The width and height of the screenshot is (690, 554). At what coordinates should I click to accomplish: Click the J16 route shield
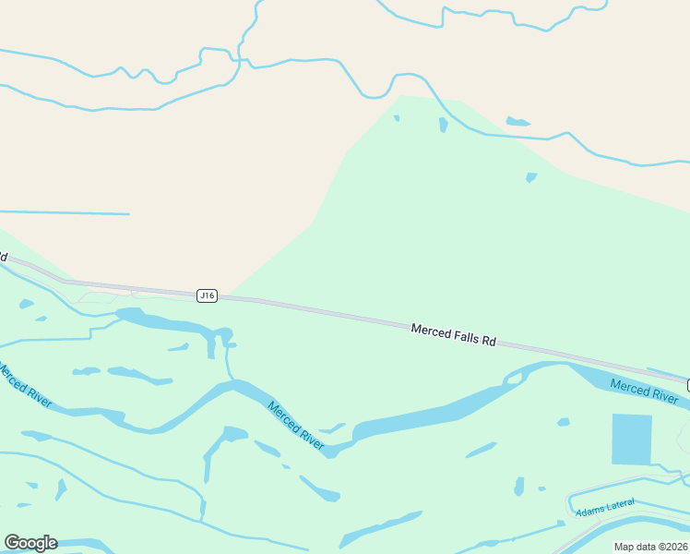click(x=208, y=295)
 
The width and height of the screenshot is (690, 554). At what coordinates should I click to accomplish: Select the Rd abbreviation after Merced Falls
click(x=489, y=342)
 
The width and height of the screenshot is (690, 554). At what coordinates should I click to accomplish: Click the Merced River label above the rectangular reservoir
click(x=645, y=391)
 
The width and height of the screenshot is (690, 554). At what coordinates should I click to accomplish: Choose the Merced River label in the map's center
click(x=296, y=426)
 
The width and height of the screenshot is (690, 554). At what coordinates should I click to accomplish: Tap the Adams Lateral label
click(x=605, y=507)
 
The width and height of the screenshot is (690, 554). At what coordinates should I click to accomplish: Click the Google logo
click(x=30, y=543)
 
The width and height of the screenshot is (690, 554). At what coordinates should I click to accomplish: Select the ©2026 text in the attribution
click(x=672, y=547)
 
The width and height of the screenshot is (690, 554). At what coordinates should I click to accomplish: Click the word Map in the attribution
click(x=625, y=547)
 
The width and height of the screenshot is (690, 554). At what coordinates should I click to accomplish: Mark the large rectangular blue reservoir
click(x=632, y=439)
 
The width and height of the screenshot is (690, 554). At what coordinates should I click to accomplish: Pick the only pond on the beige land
click(x=517, y=121)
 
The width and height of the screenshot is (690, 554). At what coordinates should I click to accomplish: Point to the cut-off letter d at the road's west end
click(x=4, y=256)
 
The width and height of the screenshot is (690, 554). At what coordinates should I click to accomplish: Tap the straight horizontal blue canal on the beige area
click(x=65, y=213)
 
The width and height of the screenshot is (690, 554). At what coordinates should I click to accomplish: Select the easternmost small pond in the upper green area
click(x=530, y=177)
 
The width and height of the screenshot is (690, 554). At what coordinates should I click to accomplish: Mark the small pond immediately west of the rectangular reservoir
click(x=563, y=422)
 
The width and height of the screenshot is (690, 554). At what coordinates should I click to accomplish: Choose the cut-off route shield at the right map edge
click(x=687, y=383)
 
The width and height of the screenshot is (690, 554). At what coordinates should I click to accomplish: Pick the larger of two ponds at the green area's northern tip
click(x=444, y=124)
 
